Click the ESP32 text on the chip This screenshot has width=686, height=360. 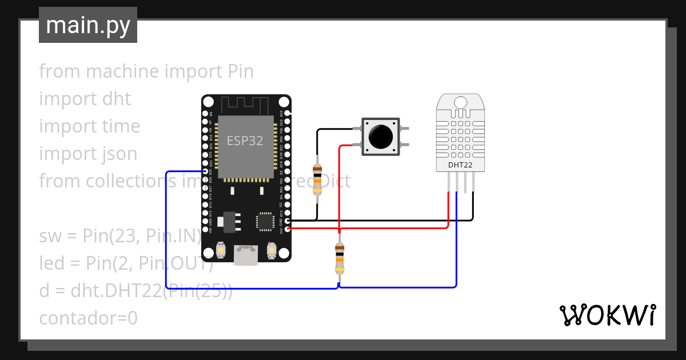click(x=245, y=141)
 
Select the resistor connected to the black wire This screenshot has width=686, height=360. click(x=317, y=180)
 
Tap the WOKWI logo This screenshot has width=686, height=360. click(x=607, y=315)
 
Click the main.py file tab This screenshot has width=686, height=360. click(x=88, y=25)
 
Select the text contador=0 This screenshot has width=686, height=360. click(x=89, y=318)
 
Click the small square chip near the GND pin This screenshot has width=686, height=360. click(x=265, y=221)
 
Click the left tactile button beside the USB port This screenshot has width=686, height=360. click(x=222, y=250)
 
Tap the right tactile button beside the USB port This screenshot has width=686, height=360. click(x=272, y=250)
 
